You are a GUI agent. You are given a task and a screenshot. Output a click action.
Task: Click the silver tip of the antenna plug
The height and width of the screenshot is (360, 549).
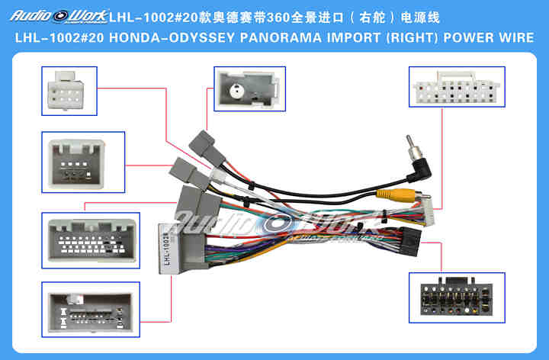coord(413,142)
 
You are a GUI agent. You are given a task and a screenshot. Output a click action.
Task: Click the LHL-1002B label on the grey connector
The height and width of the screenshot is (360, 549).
coord(165,247)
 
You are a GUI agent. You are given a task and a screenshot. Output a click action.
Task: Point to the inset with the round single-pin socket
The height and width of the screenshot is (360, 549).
coord(249,88)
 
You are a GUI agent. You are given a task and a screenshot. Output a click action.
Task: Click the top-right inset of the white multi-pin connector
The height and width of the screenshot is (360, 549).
coord(456,88)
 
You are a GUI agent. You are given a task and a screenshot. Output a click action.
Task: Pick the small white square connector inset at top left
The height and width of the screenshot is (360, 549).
coord(69,91)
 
